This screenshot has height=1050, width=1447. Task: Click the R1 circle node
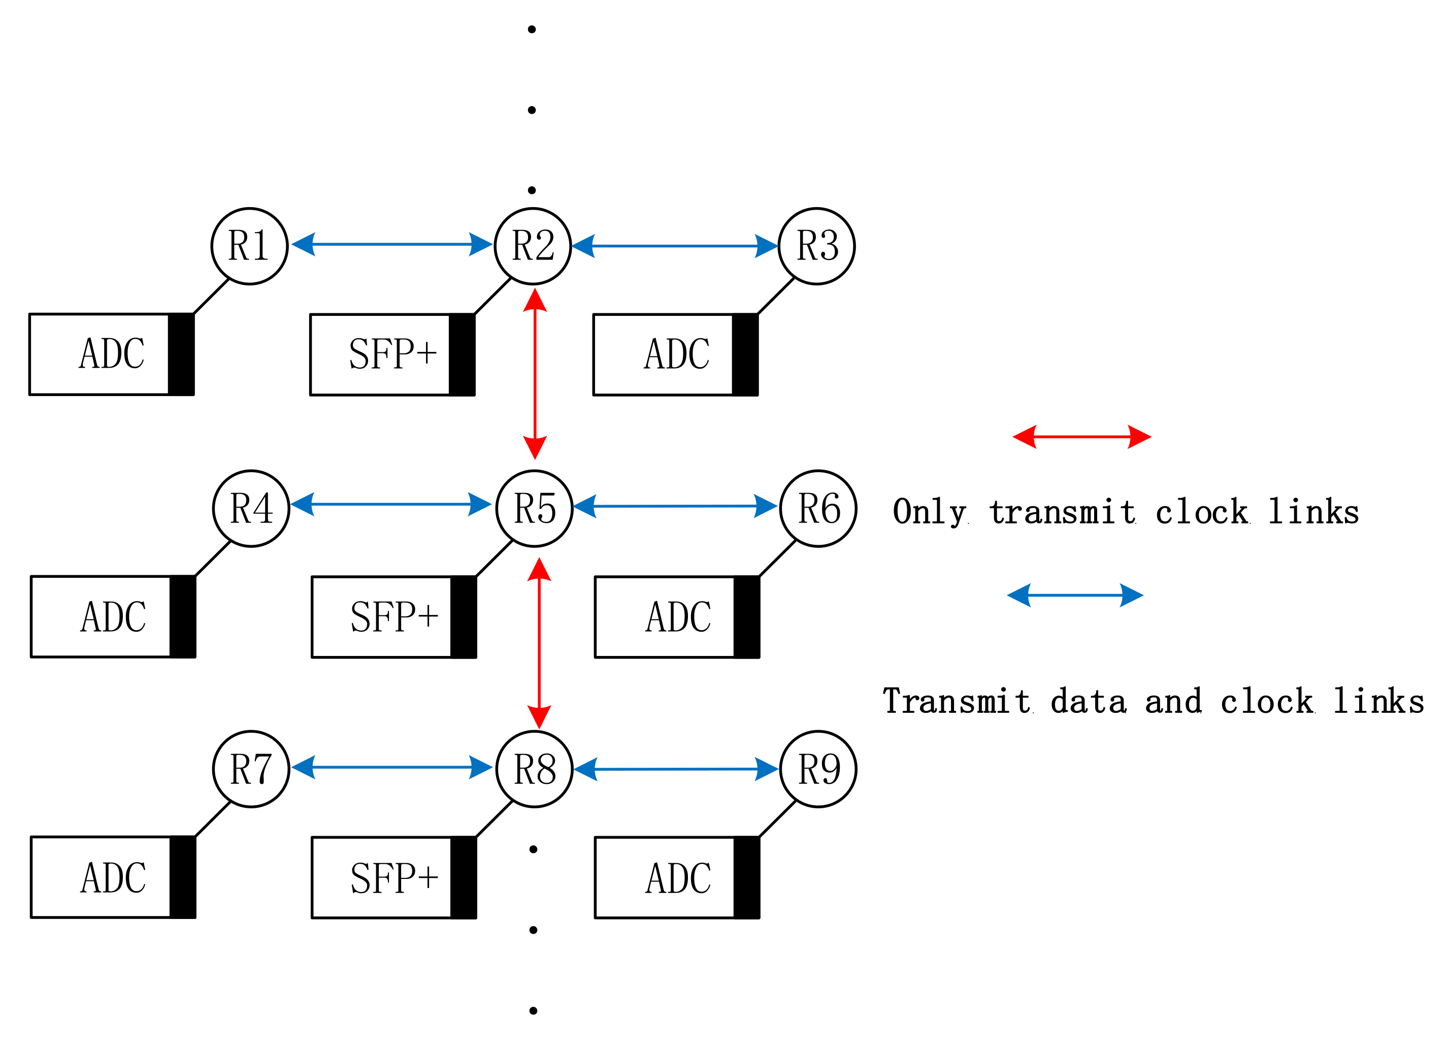pos(249,246)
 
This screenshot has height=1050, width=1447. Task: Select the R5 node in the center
pos(535,508)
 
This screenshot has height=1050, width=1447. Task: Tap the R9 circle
pos(818,769)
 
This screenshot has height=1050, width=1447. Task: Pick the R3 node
pos(816,246)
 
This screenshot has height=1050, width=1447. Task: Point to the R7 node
pos(251,769)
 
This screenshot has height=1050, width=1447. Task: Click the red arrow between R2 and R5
pos(535,374)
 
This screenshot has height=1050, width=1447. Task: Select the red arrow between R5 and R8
pos(539,642)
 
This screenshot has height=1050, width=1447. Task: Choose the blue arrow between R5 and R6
pos(675,507)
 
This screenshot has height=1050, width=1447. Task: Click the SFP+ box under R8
pos(382,877)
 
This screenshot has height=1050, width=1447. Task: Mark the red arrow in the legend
pos(1081,437)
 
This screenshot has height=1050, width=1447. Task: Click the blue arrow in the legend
pos(1075,595)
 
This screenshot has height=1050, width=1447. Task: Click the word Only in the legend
pos(929,512)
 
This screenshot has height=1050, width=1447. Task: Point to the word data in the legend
pos(1088,702)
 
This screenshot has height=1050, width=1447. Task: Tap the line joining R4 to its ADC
pos(212,559)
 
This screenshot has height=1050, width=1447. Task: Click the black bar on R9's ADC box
pos(747,877)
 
